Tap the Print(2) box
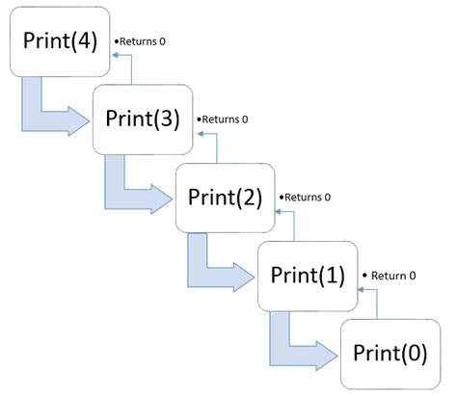tap(225, 197)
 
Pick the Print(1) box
tap(308, 276)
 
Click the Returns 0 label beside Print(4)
tap(143, 43)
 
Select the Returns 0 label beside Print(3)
tap(225, 119)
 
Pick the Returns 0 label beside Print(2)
tap(307, 197)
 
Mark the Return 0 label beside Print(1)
tap(390, 275)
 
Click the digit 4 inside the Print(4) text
tap(83, 43)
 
